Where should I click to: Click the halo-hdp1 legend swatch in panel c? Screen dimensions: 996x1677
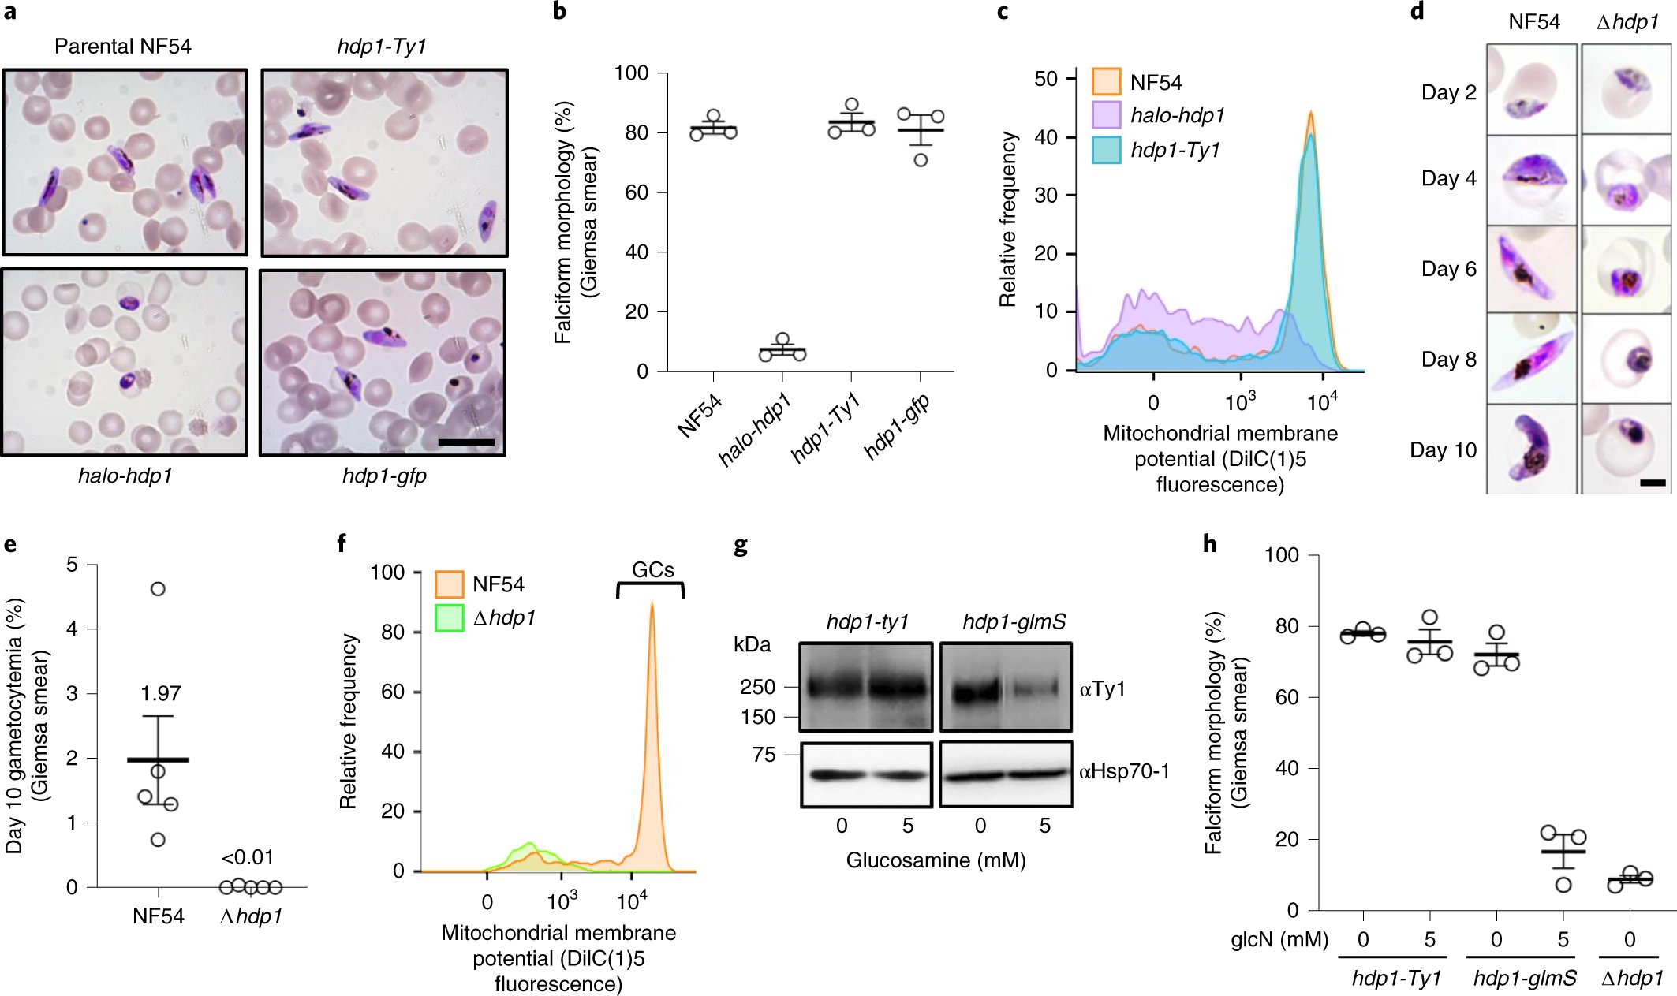(1106, 115)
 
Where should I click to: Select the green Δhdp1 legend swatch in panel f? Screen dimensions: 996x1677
(449, 617)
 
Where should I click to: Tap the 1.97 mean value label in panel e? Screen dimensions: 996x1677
(161, 693)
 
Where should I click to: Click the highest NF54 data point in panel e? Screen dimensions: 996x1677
(158, 589)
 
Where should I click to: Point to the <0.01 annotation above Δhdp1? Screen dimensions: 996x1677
(247, 857)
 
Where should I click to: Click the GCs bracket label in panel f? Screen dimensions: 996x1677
(653, 570)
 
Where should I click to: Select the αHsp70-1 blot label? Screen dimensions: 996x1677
(1124, 771)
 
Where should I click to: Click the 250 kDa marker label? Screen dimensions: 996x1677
(757, 687)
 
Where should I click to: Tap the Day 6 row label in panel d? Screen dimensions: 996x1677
(1448, 269)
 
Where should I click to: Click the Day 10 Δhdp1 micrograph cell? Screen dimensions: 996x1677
(1626, 449)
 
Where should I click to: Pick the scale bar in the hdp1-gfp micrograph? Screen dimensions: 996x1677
(465, 442)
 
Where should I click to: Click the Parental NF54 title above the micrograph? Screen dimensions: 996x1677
(123, 47)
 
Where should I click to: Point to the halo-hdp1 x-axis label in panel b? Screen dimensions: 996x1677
(755, 429)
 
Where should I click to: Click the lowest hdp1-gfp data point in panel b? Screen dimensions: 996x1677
(921, 160)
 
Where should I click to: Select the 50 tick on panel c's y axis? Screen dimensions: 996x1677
(1046, 79)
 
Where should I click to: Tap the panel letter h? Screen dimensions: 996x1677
(1209, 544)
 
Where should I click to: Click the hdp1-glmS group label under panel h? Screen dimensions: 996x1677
(1524, 978)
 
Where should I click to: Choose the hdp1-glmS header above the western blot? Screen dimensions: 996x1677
(1014, 622)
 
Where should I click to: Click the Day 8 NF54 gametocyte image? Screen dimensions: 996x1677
(1531, 359)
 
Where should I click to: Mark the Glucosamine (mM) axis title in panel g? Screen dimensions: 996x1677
(936, 860)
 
